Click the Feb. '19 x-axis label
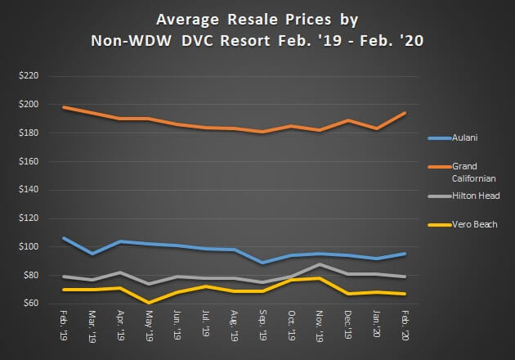click(64, 325)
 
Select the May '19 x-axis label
click(148, 325)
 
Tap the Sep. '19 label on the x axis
click(262, 325)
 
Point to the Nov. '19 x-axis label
click(318, 325)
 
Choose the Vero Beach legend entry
click(462, 224)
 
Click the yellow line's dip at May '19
click(148, 303)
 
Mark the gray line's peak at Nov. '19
click(318, 264)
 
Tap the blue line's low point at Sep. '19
click(262, 263)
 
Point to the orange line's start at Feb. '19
click(64, 107)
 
